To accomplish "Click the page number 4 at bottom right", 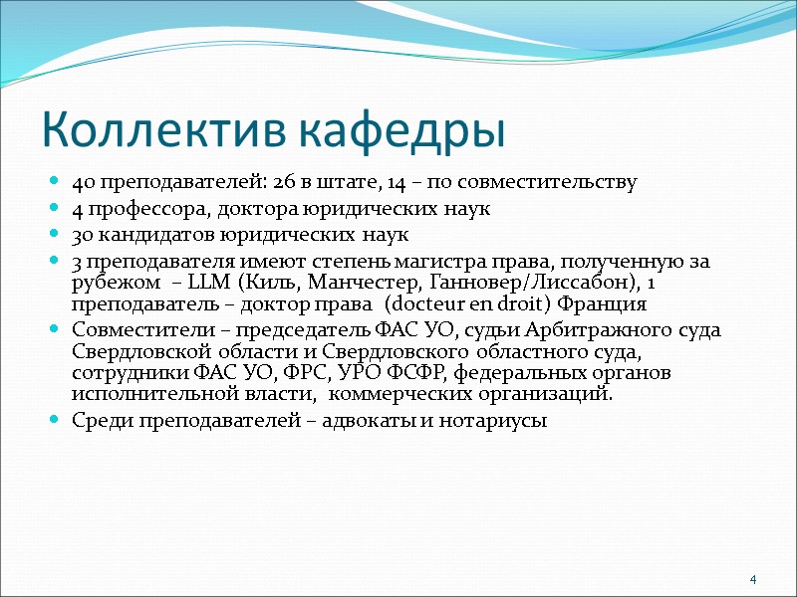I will click(753, 580).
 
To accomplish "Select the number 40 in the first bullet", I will click(84, 183).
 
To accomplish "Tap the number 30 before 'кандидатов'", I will click(84, 235).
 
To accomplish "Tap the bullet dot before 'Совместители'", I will click(54, 330).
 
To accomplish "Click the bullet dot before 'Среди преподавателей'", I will click(54, 420).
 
